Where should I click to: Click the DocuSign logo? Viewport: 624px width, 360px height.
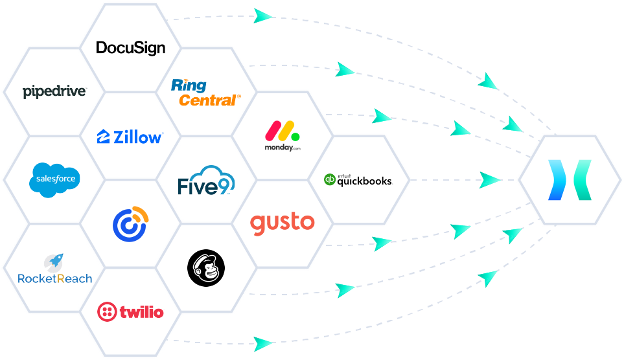tap(130, 48)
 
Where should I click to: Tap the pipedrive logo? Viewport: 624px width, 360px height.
tap(54, 91)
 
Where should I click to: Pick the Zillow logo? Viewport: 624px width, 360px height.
tap(130, 137)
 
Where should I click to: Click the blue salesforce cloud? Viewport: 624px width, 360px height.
tap(54, 178)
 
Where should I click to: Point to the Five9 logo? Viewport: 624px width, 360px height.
tap(206, 181)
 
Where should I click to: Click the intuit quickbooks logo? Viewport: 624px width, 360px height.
tap(358, 180)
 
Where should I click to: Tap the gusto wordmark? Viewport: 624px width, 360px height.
tap(283, 223)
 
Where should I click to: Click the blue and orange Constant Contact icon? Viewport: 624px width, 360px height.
tap(130, 223)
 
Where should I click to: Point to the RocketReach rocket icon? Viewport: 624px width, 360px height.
tap(55, 262)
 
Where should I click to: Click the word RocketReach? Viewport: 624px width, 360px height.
tap(54, 279)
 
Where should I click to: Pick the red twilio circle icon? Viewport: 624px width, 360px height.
tap(106, 312)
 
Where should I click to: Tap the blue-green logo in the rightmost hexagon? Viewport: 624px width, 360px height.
tap(568, 179)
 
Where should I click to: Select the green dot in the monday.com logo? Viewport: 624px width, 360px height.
tap(295, 137)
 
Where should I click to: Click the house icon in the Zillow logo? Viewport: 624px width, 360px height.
tap(103, 137)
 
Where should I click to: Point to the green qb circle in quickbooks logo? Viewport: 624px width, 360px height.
tap(329, 180)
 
